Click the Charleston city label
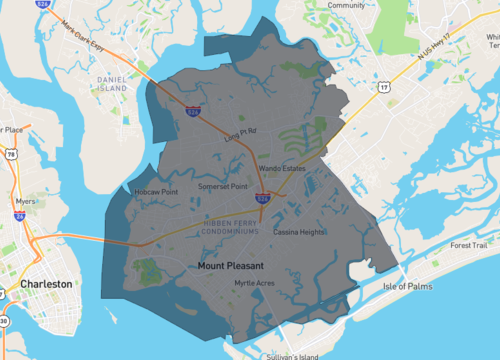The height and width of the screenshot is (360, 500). click(x=45, y=284)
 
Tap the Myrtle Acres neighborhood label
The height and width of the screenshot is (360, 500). click(x=254, y=283)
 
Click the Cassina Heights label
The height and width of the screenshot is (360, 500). click(x=299, y=231)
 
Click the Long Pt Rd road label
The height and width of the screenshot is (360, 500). click(x=241, y=131)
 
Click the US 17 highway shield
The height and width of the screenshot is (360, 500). click(x=383, y=87)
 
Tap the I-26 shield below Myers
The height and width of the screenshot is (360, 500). click(x=19, y=214)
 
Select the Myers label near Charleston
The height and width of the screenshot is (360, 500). click(x=27, y=199)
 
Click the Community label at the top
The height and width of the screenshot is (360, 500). click(x=346, y=5)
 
